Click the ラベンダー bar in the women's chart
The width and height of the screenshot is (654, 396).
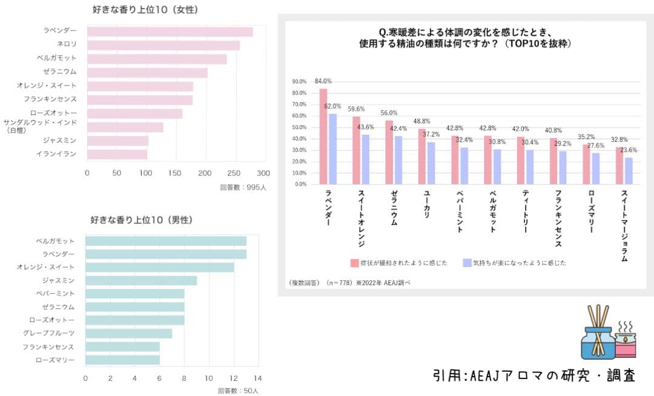170,31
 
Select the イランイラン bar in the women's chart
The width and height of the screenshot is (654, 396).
117,154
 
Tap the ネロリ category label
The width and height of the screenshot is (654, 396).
67,45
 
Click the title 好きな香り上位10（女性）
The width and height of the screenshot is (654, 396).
145,10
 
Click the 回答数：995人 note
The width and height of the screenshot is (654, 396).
242,187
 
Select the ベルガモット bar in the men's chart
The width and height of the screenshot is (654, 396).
165,241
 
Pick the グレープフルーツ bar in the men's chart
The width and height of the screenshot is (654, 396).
128,333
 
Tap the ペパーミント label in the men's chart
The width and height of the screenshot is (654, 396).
55,293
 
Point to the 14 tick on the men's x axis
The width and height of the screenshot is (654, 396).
257,378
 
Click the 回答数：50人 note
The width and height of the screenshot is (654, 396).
238,391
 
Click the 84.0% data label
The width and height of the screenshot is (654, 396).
323,81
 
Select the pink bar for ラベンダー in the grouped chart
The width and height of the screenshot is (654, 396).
323,136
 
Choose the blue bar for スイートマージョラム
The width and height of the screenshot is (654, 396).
628,171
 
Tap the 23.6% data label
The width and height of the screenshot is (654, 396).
629,150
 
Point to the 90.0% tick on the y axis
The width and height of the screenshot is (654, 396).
300,82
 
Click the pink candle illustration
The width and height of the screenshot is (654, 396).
624,344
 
